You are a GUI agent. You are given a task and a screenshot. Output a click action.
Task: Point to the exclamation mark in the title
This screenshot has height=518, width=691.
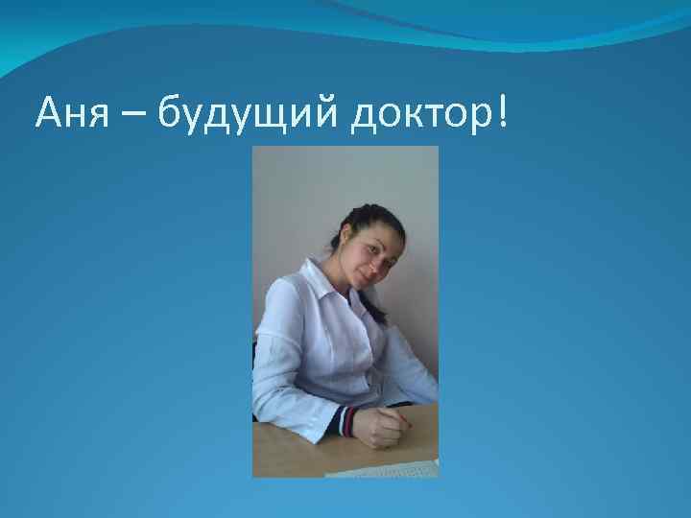(503, 115)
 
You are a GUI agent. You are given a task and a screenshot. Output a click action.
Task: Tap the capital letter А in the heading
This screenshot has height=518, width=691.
(47, 117)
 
